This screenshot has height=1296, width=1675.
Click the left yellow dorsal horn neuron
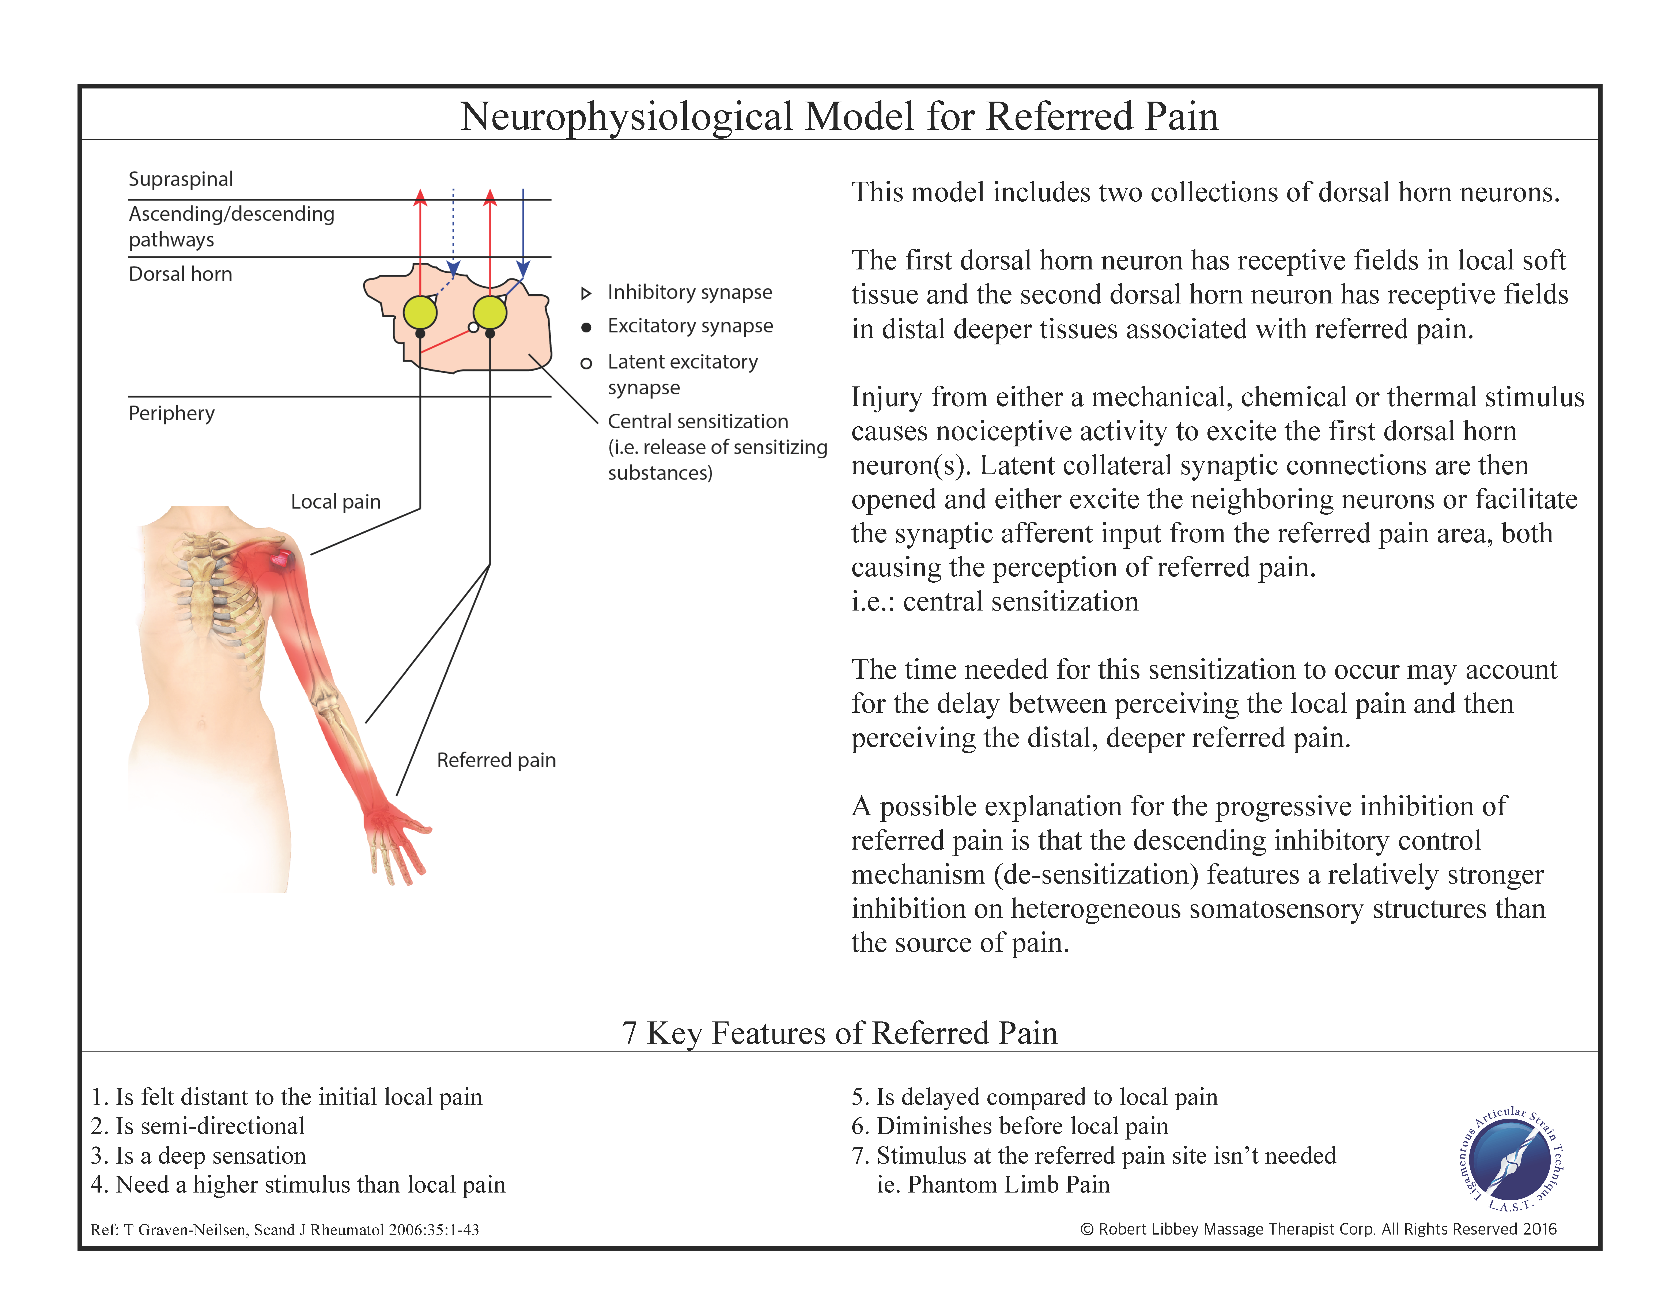click(420, 312)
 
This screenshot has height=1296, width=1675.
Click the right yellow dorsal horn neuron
click(490, 312)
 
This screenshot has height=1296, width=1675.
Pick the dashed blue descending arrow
click(453, 230)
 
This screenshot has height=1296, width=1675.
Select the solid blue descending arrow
click(523, 230)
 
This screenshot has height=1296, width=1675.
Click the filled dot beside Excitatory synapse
click(586, 328)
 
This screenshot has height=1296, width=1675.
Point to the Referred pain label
click(496, 761)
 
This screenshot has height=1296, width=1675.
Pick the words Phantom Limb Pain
click(1009, 1185)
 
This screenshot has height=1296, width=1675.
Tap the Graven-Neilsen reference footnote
click(284, 1230)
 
